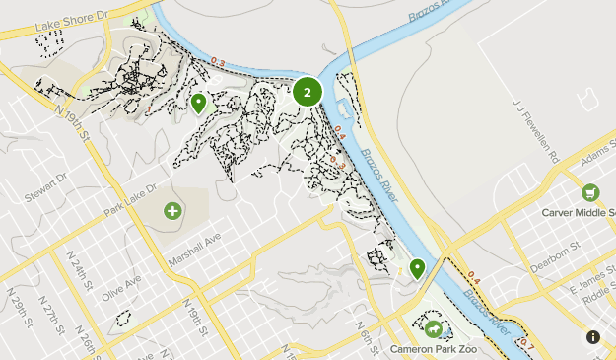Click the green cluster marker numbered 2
[x=308, y=92]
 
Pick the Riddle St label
[x=597, y=300]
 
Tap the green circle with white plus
[x=173, y=210]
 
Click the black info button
[x=593, y=337]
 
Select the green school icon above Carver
[x=589, y=192]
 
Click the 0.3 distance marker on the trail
[x=217, y=64]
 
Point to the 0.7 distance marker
[x=526, y=344]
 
